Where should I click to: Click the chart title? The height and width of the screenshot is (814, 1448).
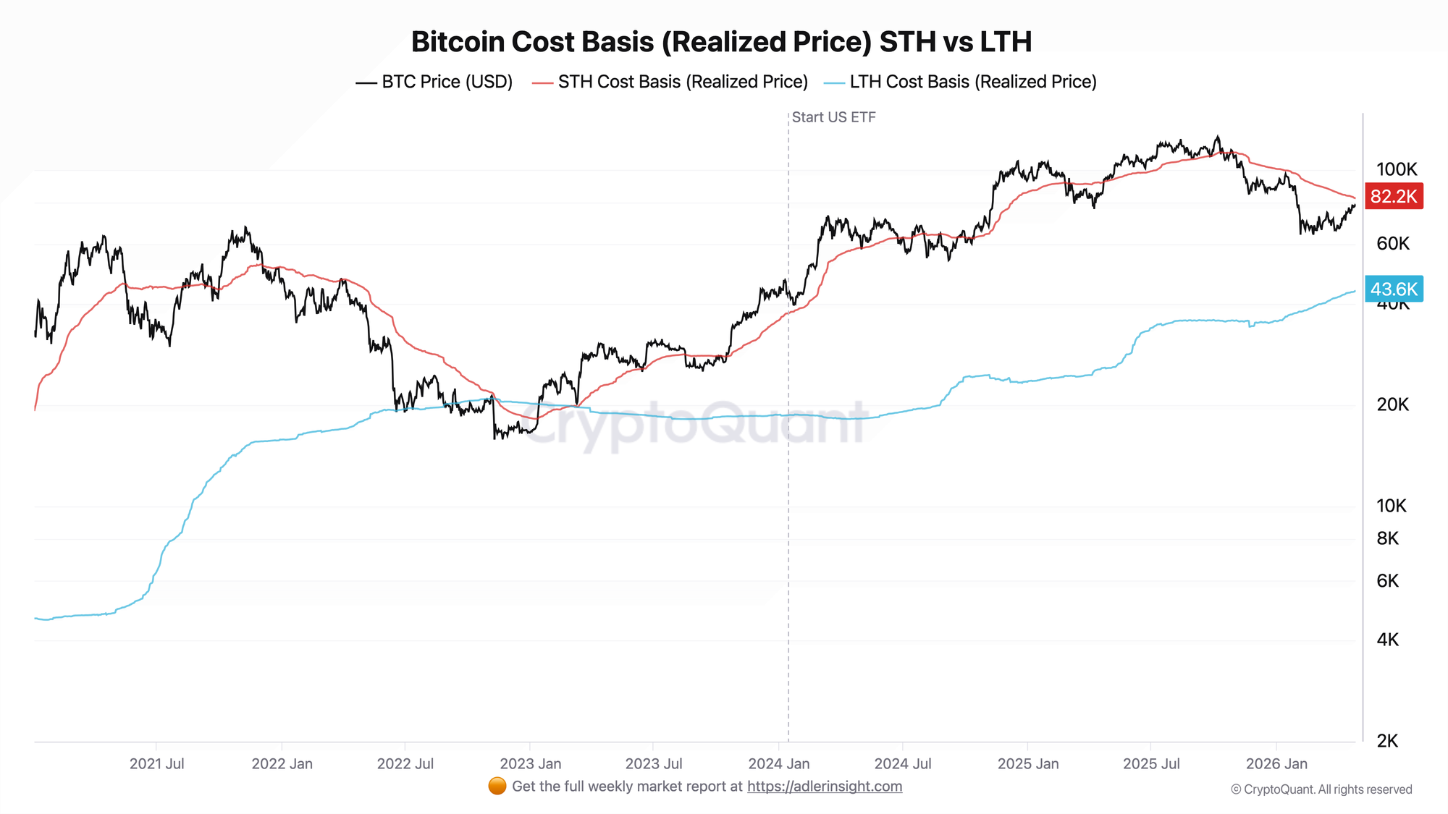tap(721, 42)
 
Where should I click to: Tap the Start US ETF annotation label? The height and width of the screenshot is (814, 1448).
tap(833, 117)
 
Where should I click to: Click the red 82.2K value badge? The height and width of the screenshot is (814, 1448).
tap(1394, 196)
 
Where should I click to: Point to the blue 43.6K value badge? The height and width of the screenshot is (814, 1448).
tap(1394, 289)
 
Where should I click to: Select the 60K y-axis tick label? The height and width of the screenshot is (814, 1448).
tap(1393, 244)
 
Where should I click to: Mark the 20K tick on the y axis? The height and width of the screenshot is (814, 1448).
tap(1393, 404)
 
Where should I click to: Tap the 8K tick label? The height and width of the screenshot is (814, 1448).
tap(1388, 538)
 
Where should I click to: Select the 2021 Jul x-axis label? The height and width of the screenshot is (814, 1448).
tap(157, 764)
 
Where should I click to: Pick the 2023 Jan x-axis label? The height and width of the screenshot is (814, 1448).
tap(531, 764)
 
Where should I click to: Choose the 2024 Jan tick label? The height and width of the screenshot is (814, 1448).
tap(779, 764)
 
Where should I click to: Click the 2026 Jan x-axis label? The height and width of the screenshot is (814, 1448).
tap(1276, 764)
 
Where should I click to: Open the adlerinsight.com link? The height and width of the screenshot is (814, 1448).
tap(825, 787)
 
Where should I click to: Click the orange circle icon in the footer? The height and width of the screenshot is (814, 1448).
tap(497, 787)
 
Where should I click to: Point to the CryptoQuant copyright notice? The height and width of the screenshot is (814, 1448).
tap(1321, 789)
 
